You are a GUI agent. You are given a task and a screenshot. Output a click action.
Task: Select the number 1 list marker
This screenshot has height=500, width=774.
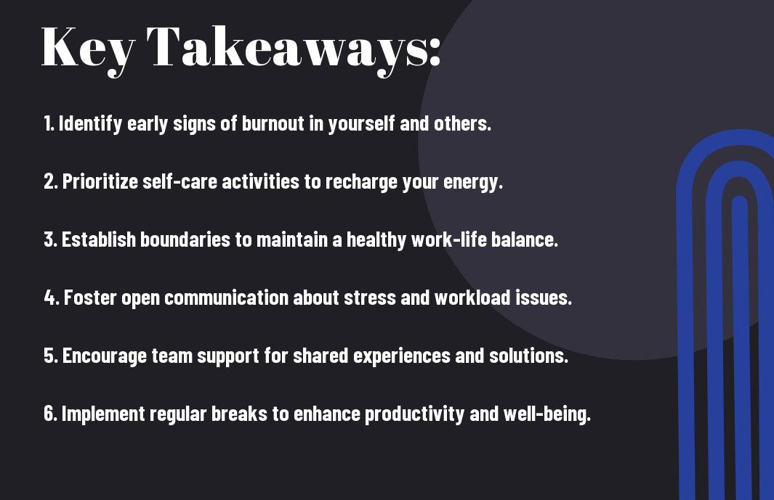[x=49, y=123]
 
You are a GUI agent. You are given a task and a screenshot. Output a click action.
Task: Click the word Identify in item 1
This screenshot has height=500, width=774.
[x=90, y=124]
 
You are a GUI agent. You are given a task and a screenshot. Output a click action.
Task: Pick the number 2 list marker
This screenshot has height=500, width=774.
[x=50, y=181]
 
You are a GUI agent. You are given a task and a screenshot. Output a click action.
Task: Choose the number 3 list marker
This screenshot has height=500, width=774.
[x=50, y=239]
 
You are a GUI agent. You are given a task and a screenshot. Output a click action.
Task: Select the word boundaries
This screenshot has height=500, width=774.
[x=185, y=239]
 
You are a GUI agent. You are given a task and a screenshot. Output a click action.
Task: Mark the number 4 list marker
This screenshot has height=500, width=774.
[x=52, y=298]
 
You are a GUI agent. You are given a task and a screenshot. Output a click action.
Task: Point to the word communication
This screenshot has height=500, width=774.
[x=226, y=298]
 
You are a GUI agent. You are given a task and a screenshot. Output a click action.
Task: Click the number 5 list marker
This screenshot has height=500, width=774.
[x=51, y=356]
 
